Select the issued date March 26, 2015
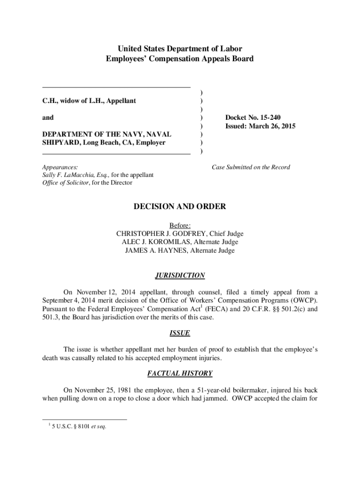[275, 126]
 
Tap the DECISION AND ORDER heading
[180, 206]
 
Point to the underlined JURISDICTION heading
[180, 276]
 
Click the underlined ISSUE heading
[180, 334]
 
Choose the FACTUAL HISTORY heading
[180, 373]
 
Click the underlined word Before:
[180, 225]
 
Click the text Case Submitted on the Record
[251, 167]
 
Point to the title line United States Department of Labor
[180, 49]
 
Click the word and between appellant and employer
[48, 117]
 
